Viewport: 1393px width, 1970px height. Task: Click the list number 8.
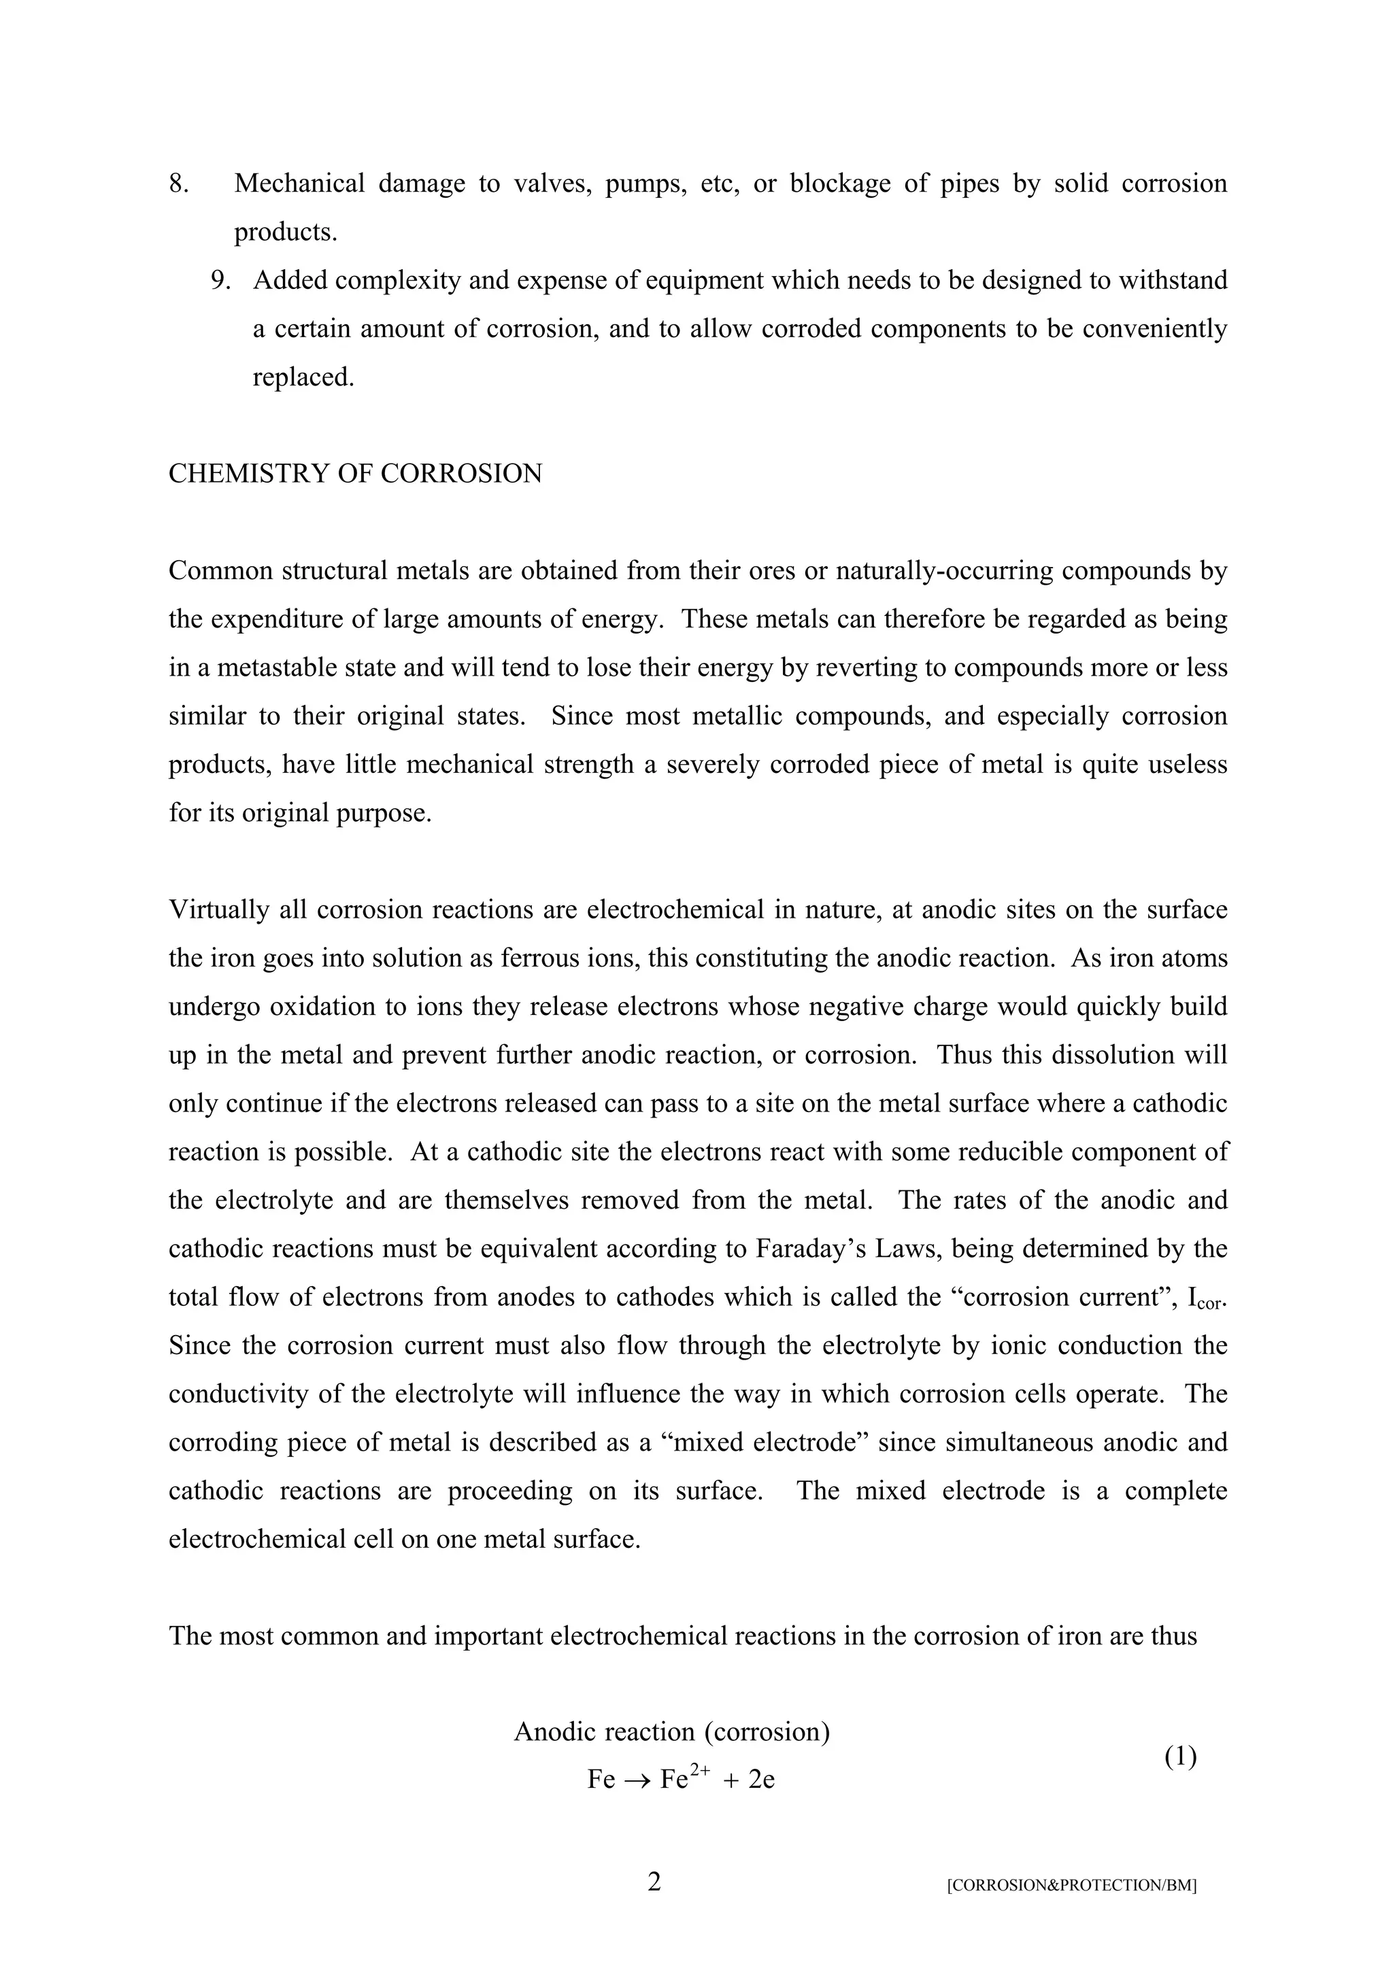tap(178, 184)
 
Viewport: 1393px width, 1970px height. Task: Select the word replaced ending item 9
tap(302, 377)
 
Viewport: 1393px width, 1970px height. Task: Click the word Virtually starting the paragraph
tap(219, 910)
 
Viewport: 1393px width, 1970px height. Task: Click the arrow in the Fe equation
tap(638, 1780)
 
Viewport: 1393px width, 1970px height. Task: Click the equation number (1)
tap(1180, 1757)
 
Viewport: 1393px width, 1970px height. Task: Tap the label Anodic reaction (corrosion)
tap(672, 1732)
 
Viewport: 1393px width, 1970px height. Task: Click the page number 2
tap(654, 1882)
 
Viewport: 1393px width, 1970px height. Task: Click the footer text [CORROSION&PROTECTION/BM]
tap(1071, 1886)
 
